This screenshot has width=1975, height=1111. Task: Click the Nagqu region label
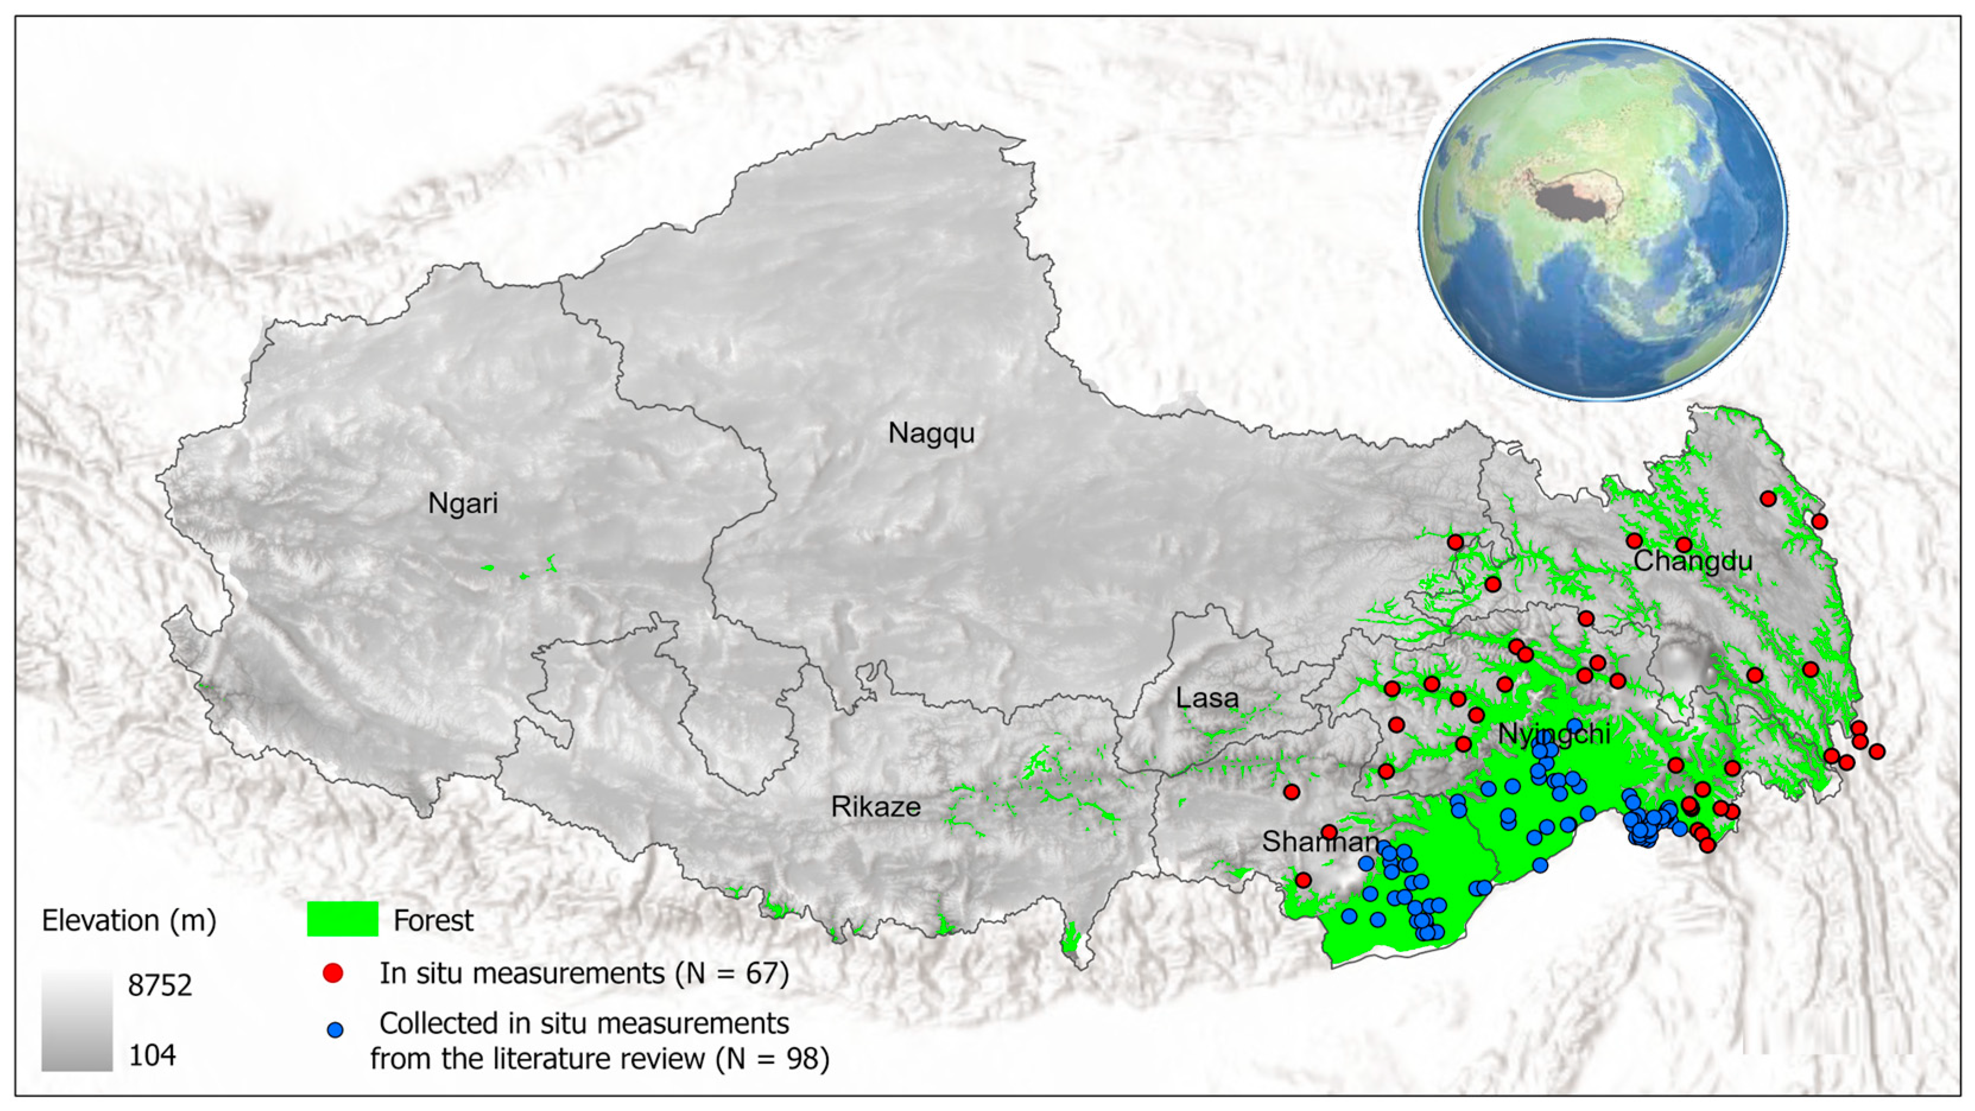(x=931, y=433)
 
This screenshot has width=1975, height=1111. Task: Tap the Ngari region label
(x=462, y=504)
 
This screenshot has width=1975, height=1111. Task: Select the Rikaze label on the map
(x=876, y=807)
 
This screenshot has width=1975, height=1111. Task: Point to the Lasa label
(x=1207, y=699)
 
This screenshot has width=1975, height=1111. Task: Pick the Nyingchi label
(x=1554, y=735)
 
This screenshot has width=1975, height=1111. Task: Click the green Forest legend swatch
(x=342, y=919)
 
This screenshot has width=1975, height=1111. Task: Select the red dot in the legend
(x=333, y=973)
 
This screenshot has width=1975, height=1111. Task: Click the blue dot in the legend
(x=335, y=1030)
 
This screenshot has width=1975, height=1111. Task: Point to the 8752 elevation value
(x=160, y=985)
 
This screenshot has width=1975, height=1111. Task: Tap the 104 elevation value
(x=152, y=1056)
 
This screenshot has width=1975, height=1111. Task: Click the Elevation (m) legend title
(x=129, y=920)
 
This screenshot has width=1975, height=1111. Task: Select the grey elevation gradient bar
(x=77, y=1020)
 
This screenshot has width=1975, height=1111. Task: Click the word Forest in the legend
(x=433, y=920)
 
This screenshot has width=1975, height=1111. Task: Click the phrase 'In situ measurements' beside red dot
(x=521, y=974)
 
